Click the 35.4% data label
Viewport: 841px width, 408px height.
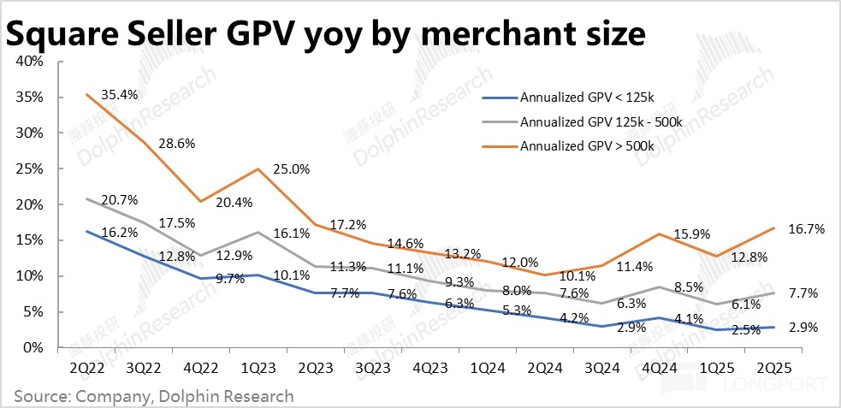[x=121, y=94]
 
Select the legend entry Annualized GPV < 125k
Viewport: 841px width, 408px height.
[x=583, y=98]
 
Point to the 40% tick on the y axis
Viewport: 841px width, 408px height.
[x=31, y=62]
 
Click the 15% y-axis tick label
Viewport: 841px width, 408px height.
[x=31, y=240]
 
